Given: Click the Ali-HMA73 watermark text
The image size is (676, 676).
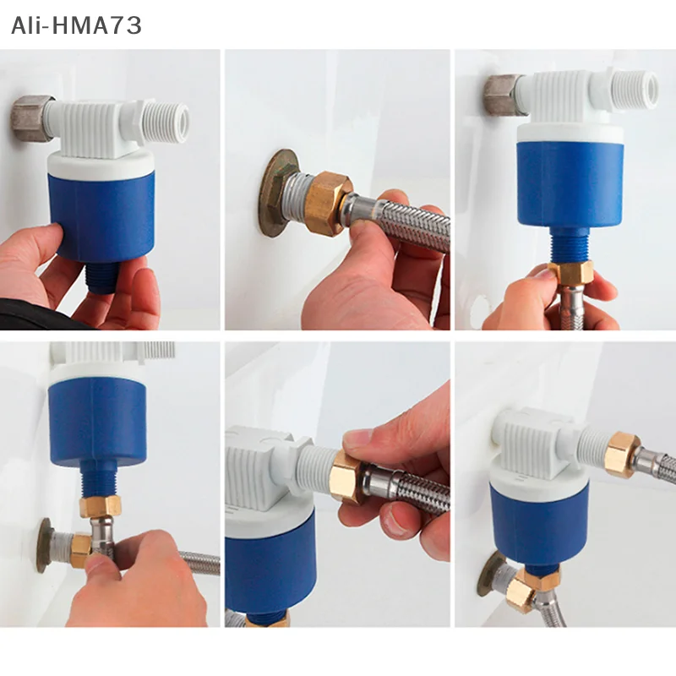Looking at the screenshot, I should coord(76,25).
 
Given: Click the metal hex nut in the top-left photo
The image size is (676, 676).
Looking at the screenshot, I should coord(32,118).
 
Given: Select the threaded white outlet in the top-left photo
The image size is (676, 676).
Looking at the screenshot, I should coord(164,120).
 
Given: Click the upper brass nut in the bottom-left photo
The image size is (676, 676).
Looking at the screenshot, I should coord(100,506).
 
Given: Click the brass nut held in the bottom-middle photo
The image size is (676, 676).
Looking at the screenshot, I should coord(347,477).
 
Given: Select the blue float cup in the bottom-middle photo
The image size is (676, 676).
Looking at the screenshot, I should coord(270,562).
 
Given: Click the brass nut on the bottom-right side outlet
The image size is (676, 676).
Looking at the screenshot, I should coord(621,455).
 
